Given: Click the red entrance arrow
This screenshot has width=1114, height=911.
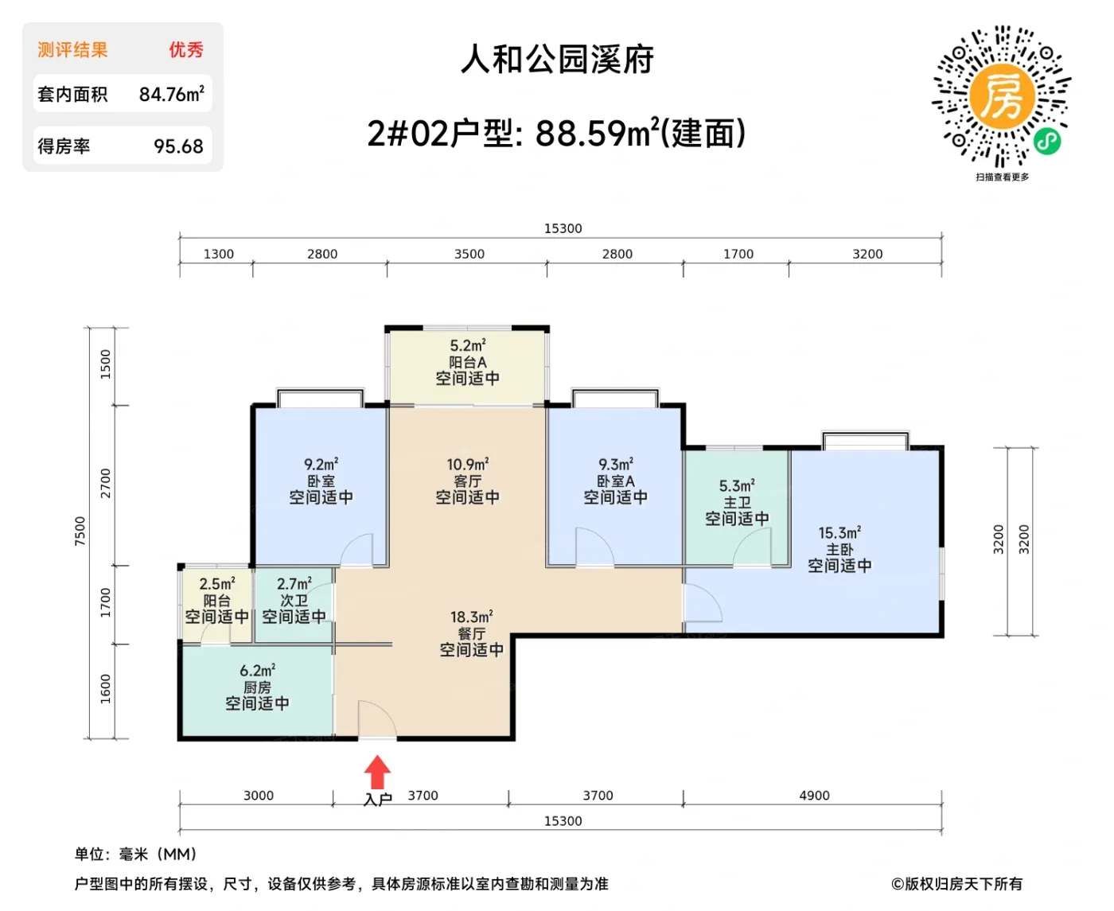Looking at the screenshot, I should click(377, 772).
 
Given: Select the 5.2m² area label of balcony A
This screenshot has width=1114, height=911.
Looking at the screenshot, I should click(467, 346).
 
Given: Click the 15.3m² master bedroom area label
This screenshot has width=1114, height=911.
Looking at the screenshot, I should click(839, 533).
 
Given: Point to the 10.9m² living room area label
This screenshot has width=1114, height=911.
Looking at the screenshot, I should click(467, 464).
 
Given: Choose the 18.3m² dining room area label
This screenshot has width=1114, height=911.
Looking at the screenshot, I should click(471, 617).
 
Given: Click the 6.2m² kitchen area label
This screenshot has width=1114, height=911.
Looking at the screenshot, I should click(257, 671).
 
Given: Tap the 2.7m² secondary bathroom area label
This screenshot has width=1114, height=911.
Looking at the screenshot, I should click(294, 584).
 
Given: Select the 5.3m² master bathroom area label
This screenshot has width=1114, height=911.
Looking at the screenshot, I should click(737, 485).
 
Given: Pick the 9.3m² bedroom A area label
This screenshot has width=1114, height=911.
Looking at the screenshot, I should click(615, 464).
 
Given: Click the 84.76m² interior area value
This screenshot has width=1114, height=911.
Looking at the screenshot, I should click(171, 94).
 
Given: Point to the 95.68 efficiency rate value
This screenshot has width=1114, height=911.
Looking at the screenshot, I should click(178, 146).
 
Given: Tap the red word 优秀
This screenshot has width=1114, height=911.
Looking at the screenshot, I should click(185, 50).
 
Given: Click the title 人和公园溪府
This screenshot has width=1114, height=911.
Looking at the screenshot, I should click(557, 60).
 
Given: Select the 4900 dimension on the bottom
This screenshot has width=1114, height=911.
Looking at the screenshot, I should click(814, 796).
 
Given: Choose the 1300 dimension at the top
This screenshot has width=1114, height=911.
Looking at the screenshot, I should click(218, 254).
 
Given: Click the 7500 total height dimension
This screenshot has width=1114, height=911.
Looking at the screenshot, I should click(80, 531).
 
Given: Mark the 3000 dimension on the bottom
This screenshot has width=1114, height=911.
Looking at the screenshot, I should click(258, 796).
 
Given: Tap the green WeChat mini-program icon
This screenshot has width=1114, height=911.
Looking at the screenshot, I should click(1047, 142).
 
